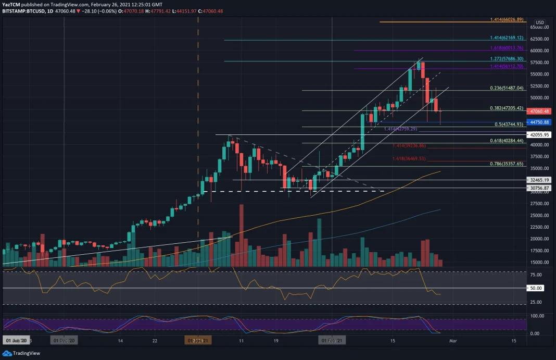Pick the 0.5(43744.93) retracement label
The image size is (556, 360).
click(x=508, y=125)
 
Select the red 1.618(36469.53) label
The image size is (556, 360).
click(x=409, y=158)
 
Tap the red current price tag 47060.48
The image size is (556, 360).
click(x=540, y=111)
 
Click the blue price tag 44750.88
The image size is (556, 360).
click(x=540, y=122)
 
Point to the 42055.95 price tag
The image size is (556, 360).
click(x=540, y=134)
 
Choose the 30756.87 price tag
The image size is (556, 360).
click(x=540, y=188)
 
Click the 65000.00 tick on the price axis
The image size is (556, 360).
click(x=540, y=27)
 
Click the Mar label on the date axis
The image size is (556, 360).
click(x=453, y=341)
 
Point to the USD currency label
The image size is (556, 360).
click(x=540, y=22)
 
